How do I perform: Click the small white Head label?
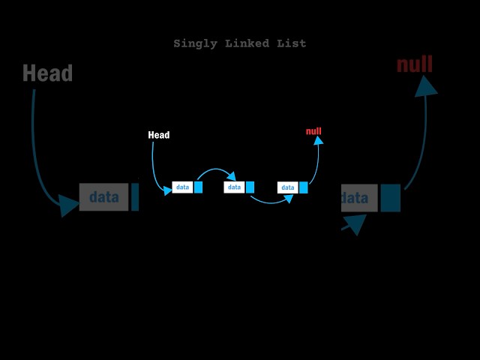[x=159, y=135]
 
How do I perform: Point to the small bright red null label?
[x=313, y=131]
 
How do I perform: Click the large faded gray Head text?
[x=47, y=73]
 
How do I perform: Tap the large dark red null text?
[x=415, y=64]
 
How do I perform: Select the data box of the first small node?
[x=182, y=187]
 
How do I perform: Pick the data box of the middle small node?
[x=234, y=187]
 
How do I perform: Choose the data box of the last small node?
[x=287, y=187]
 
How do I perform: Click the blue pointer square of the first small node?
[x=198, y=187]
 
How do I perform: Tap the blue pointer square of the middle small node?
[x=250, y=187]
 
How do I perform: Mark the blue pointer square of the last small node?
[x=303, y=187]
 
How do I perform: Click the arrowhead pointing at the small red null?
[x=317, y=141]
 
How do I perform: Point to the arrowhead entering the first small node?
[x=168, y=190]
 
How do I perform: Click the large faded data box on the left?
[x=104, y=197]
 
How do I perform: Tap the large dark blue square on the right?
[x=390, y=197]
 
